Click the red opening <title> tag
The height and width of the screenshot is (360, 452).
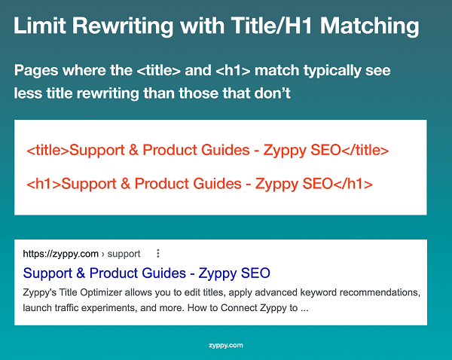coord(47,151)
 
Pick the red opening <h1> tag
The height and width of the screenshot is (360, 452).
coord(43,183)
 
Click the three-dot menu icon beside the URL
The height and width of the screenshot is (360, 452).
coord(158,253)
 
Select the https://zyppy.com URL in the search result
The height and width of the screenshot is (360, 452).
coord(61,254)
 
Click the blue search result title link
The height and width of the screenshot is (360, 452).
coord(146,273)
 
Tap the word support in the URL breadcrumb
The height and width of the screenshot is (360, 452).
coord(125,254)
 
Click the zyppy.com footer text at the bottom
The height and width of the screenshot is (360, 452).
coord(225,346)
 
